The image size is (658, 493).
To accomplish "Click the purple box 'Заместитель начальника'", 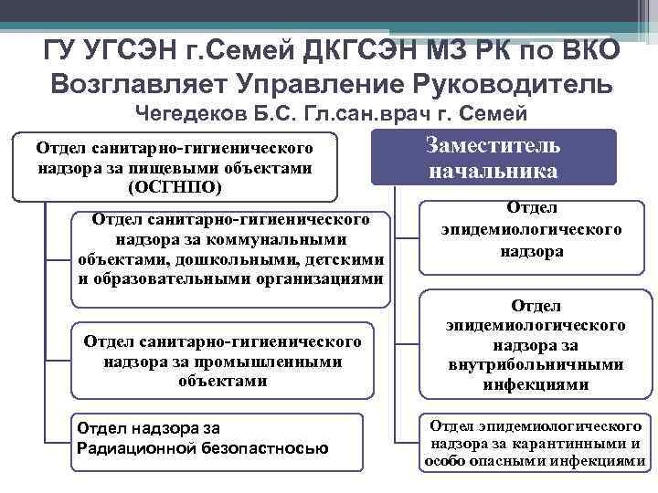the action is tap(493, 159).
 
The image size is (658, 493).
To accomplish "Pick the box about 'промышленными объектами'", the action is tap(222, 360).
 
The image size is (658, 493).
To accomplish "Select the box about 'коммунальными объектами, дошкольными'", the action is tap(229, 249).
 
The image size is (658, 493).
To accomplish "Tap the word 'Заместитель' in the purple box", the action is tap(493, 146).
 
